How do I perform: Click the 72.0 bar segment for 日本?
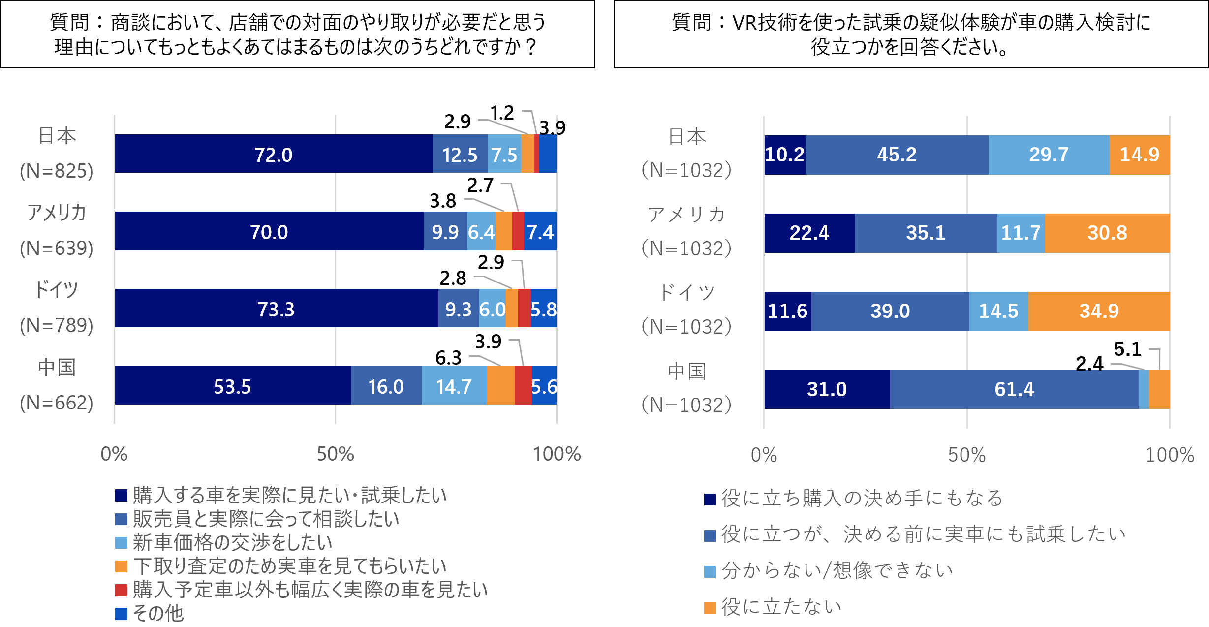(x=273, y=155)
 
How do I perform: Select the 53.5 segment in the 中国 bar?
(x=232, y=386)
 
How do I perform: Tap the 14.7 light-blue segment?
(x=454, y=386)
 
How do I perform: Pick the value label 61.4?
(x=1014, y=389)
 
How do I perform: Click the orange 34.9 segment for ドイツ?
(x=1099, y=311)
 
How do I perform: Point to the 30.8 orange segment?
(x=1107, y=233)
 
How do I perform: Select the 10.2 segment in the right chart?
(x=785, y=155)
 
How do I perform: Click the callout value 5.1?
(x=1127, y=349)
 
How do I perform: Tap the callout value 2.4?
(x=1089, y=364)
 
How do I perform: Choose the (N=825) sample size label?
(x=57, y=171)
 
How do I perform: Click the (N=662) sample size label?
(x=57, y=403)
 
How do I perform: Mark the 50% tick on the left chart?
(x=335, y=454)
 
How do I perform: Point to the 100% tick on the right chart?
(x=1170, y=455)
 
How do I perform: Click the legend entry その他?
(x=158, y=613)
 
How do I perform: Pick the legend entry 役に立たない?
(x=781, y=607)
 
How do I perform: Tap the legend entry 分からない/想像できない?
(x=837, y=571)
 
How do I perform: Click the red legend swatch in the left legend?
(x=121, y=590)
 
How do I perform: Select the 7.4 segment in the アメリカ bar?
(x=540, y=232)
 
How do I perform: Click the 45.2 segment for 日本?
(x=897, y=155)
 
